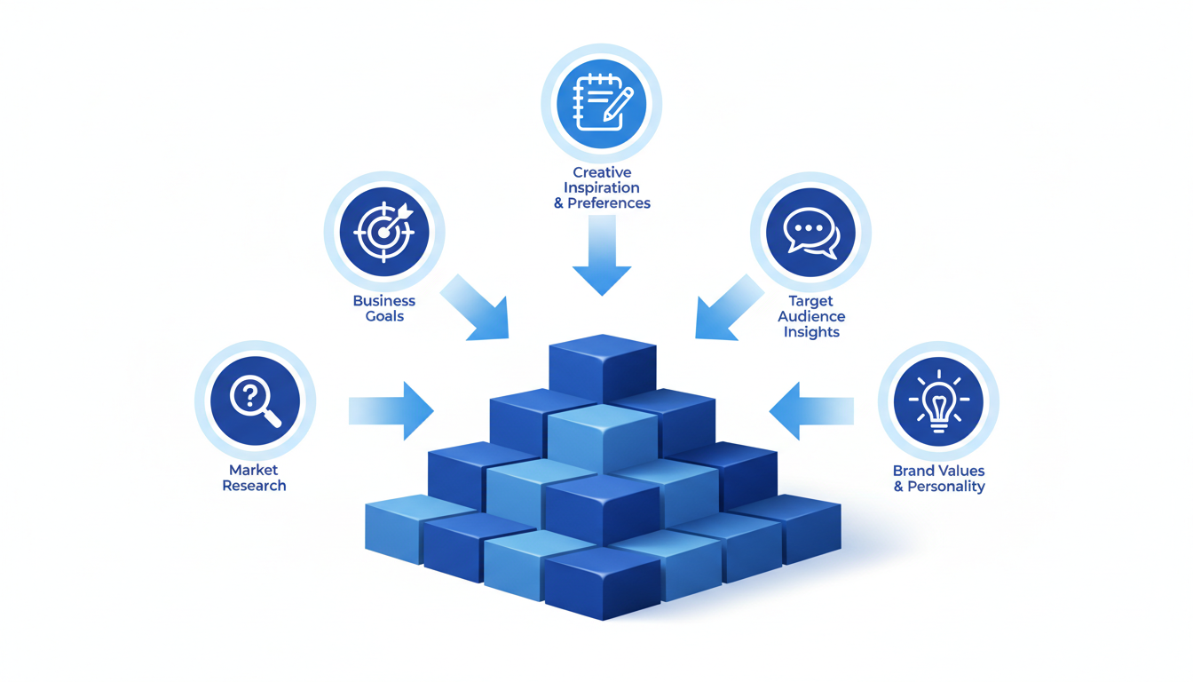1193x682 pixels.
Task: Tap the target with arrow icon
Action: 384,233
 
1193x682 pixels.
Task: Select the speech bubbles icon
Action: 810,233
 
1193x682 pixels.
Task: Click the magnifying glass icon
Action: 255,401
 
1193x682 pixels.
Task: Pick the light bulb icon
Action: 938,402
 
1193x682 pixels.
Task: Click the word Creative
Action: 602,172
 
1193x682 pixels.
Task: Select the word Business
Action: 384,301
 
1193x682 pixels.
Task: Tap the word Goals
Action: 384,316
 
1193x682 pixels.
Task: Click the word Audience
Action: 811,317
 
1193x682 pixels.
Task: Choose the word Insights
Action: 811,332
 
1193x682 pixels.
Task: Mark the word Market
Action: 254,470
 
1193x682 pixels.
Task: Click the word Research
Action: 254,486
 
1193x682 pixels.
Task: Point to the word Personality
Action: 946,487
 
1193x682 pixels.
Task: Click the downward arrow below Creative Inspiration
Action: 602,258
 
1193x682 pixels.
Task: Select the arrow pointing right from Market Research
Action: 393,411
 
